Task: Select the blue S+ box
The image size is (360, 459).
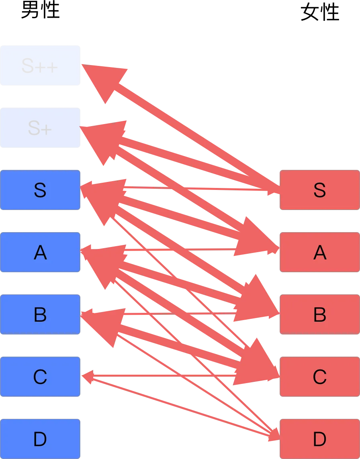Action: pos(40,128)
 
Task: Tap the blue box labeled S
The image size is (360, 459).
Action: pos(40,190)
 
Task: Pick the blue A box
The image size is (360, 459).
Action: pos(40,253)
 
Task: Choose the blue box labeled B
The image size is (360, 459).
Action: pos(40,315)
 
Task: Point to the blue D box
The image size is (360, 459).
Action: pos(40,439)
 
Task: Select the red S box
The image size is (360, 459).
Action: pos(319,190)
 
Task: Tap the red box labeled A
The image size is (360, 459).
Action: pos(319,253)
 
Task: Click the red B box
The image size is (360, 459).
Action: pos(319,315)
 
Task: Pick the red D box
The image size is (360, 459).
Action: pos(319,439)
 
